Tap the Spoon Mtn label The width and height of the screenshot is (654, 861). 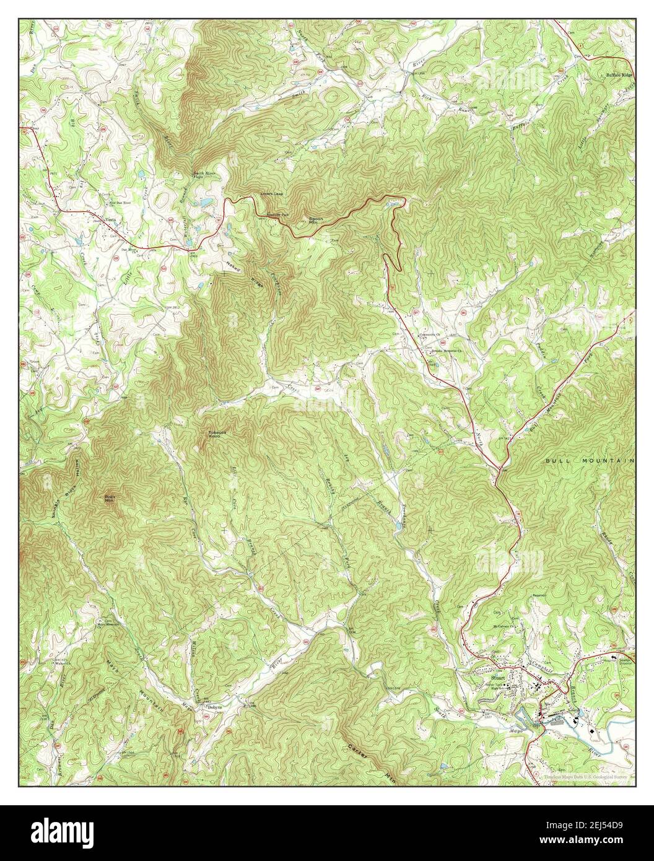(317, 220)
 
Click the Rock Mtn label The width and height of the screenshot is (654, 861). (109, 499)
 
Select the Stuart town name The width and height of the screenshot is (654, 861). (492, 678)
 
